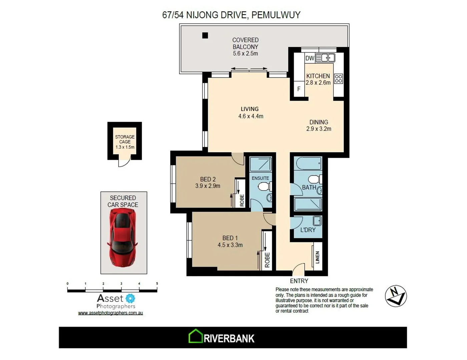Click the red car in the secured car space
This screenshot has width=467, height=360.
click(x=122, y=239)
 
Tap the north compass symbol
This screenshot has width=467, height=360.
click(x=396, y=296)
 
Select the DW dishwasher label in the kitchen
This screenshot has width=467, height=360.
click(x=310, y=58)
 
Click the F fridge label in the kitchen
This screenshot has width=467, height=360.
click(x=299, y=89)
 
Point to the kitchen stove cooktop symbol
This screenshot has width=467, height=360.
click(x=338, y=79)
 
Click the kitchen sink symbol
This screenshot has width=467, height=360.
click(x=326, y=58)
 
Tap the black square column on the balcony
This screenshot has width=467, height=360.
click(x=205, y=35)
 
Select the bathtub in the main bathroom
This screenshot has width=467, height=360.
click(x=308, y=164)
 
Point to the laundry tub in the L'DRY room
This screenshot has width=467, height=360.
click(x=317, y=221)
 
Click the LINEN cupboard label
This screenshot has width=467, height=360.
click(x=317, y=257)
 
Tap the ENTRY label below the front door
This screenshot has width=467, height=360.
click(x=299, y=281)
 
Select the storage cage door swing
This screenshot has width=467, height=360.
click(x=124, y=162)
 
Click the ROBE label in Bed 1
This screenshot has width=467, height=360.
click(x=267, y=260)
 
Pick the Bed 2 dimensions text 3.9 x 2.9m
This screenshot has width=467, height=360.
click(x=207, y=186)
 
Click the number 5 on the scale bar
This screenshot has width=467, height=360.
click(x=157, y=284)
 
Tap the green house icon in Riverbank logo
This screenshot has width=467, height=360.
click(x=195, y=336)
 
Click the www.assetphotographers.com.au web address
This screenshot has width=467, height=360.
click(x=110, y=313)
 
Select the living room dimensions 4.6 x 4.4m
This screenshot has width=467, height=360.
click(x=251, y=116)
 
